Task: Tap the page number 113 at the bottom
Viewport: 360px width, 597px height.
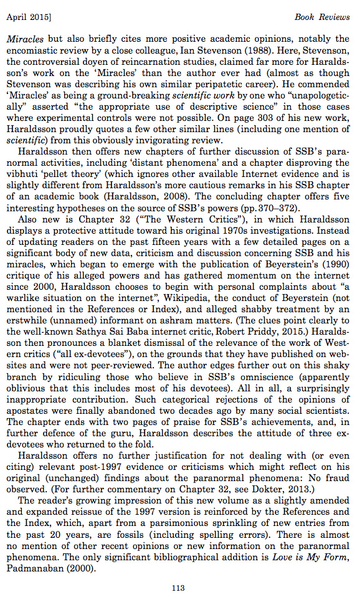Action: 179,586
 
